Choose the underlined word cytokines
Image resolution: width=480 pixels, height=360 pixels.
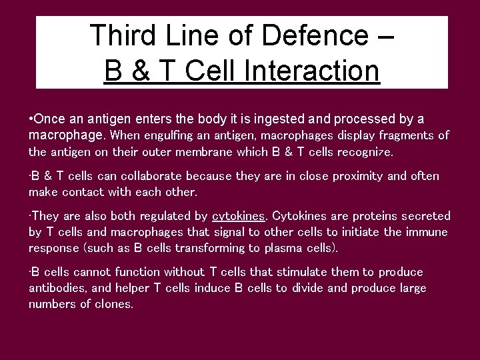238,217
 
